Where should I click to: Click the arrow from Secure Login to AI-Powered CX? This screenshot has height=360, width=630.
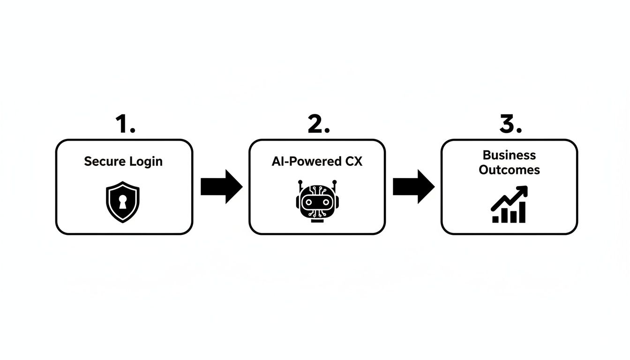[x=221, y=187]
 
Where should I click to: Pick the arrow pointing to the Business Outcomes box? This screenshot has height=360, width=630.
[x=413, y=187]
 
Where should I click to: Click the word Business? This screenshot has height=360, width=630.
[x=509, y=155]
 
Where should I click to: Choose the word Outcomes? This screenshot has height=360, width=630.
[x=509, y=170]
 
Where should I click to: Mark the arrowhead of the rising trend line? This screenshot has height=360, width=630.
[x=523, y=190]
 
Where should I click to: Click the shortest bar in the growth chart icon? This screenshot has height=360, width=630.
[x=496, y=219]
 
